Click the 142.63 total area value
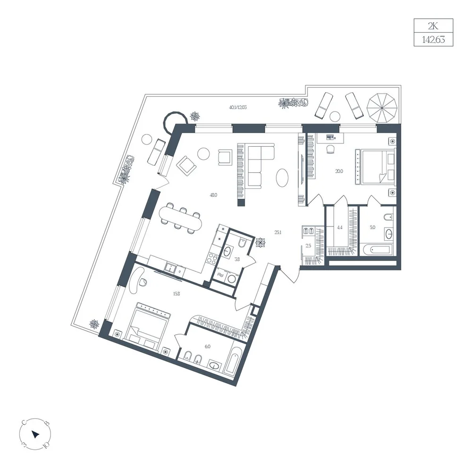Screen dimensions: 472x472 pos(433,40)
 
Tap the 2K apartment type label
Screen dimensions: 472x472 pos(433,26)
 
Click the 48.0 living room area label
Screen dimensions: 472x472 pos(213,195)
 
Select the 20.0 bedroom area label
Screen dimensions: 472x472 pos(339,171)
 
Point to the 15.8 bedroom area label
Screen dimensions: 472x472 pos(177,294)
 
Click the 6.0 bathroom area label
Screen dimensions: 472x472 pos(208,346)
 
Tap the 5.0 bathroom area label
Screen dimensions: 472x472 pos(373,228)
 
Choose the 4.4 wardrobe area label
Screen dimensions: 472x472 pos(339,228)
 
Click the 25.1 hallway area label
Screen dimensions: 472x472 pos(278,232)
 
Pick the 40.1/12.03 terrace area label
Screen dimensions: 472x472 pos(238,107)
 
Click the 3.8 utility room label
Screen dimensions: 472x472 pos(237,259)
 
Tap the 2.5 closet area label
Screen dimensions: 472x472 pos(308,245)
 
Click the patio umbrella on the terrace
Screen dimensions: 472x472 pos(382,108)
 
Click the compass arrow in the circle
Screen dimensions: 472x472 pos(35,434)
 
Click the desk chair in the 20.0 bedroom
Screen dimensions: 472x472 pos(330,149)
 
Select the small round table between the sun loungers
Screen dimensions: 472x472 pos(335,116)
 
